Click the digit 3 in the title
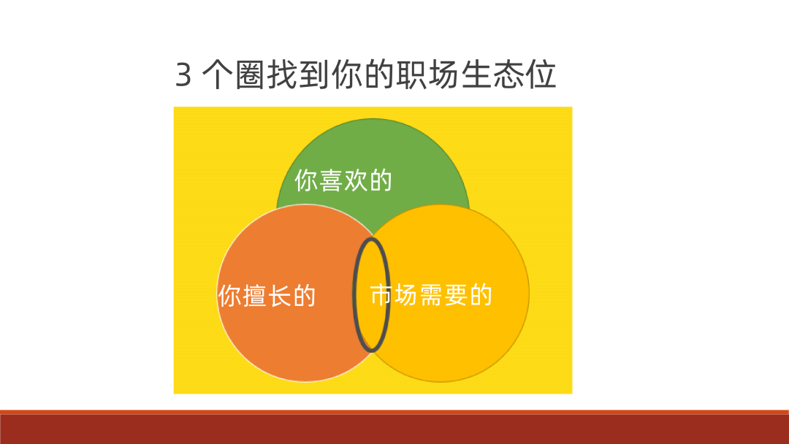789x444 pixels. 183,75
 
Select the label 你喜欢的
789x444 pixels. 343,180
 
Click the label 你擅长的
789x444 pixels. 267,296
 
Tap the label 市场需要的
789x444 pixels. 431,295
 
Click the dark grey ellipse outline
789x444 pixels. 355,292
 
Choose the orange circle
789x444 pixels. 285,343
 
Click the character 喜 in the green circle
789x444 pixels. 331,180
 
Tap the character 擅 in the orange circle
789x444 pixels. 254,296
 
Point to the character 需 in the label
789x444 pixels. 431,295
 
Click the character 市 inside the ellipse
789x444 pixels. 381,295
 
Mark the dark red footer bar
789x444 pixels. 394,429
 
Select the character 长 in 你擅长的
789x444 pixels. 279,296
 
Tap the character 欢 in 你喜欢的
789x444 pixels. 356,180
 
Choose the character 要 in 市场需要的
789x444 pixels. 456,295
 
